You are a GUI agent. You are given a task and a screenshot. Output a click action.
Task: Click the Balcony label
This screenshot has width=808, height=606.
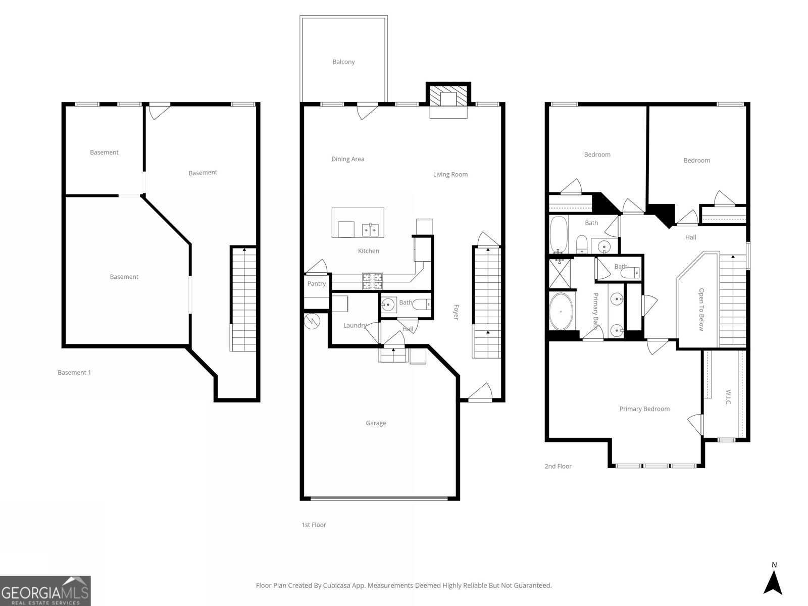[x=343, y=62]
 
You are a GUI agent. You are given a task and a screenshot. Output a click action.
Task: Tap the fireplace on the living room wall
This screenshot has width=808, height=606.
[x=448, y=100]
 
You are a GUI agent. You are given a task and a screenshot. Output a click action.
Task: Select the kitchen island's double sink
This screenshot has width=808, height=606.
[x=371, y=230]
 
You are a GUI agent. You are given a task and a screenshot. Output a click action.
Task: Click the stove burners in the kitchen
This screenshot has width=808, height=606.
[x=372, y=281]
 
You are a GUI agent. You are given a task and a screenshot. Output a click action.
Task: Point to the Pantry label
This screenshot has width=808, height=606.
[x=317, y=284]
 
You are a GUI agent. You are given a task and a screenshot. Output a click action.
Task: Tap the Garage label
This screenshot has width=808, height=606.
[x=376, y=423]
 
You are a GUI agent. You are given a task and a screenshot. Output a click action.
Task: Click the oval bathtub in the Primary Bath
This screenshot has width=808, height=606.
[x=562, y=312]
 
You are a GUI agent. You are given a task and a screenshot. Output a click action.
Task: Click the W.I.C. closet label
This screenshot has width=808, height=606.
[x=728, y=397]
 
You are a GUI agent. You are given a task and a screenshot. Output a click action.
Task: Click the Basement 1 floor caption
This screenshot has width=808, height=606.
[x=74, y=373]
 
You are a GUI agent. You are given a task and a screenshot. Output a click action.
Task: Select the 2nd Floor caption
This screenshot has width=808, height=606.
[x=558, y=466]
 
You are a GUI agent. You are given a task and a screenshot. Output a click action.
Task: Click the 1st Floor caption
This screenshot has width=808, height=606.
[x=314, y=525]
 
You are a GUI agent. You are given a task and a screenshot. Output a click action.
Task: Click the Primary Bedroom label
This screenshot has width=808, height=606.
[x=644, y=409]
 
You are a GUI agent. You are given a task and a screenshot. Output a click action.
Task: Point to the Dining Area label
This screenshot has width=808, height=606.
[x=347, y=159]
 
